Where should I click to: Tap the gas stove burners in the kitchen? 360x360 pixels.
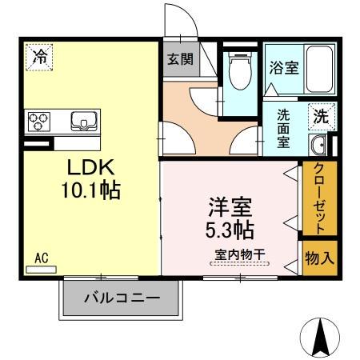point(38,122)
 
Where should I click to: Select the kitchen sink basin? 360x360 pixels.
point(83,122)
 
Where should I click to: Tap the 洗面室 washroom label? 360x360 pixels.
point(284,128)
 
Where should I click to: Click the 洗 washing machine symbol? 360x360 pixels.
point(320,115)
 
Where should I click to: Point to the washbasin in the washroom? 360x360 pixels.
point(318,145)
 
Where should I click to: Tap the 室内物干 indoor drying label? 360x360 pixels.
point(240,255)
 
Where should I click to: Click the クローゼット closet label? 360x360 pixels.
point(318,198)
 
